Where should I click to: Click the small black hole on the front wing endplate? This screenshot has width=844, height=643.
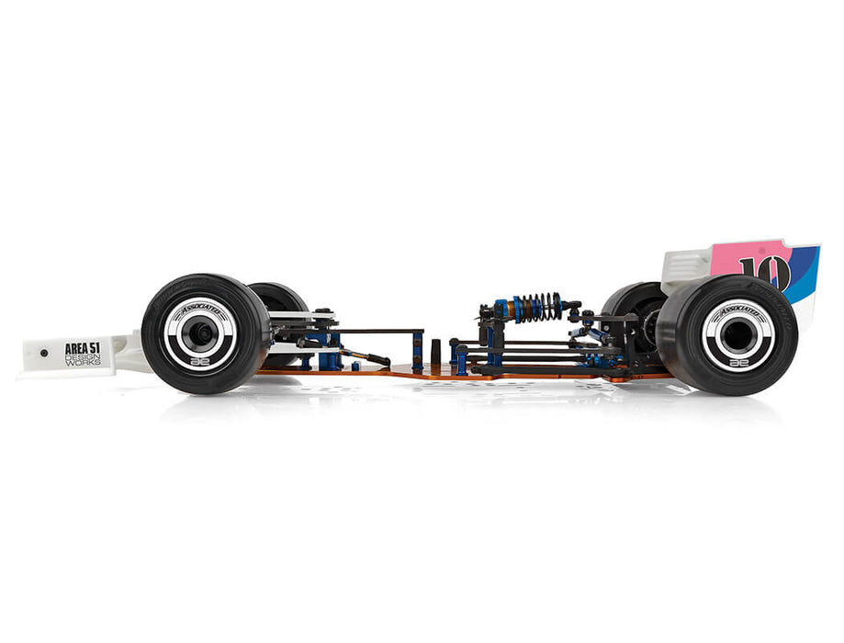[x=42, y=352]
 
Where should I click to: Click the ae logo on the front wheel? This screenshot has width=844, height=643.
[x=199, y=362]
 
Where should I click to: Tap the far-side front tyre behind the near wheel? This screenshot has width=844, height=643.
[x=280, y=298]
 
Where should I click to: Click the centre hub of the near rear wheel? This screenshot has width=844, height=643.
[x=737, y=335]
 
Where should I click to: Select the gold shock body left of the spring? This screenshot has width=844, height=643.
[x=504, y=308]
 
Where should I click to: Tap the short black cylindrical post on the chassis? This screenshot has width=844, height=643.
[x=435, y=353]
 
